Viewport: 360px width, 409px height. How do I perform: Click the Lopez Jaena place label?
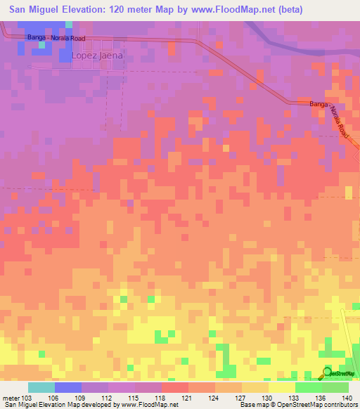pos(96,56)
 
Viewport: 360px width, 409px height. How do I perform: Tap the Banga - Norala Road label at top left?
pos(56,37)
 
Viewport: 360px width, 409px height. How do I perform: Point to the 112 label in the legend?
pos(108,398)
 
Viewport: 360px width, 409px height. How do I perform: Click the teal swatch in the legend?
pos(41,387)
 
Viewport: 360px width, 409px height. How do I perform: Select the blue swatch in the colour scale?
pos(68,387)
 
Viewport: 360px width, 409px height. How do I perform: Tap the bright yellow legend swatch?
pos(281,387)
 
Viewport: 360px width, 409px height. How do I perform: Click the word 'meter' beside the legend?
pos(11,398)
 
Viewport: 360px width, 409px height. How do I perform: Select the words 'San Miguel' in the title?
pos(32,10)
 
